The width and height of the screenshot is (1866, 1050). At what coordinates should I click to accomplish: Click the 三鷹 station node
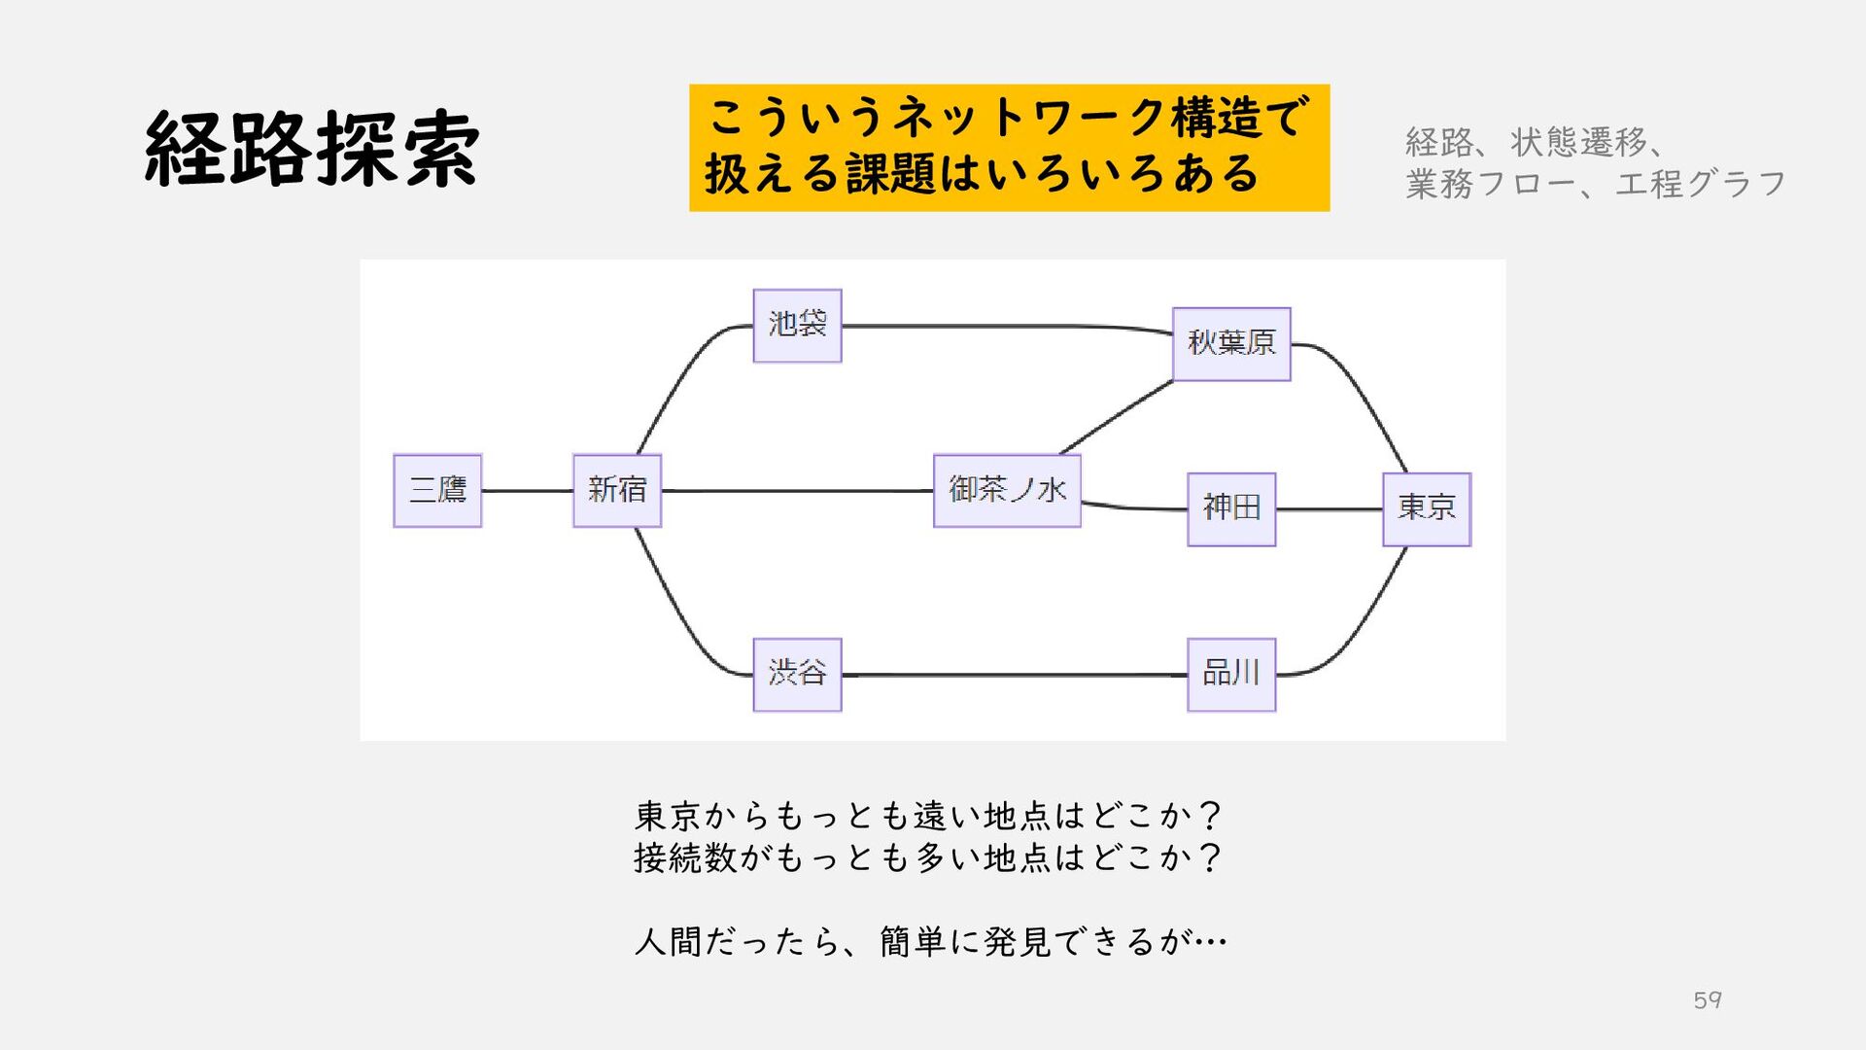437,491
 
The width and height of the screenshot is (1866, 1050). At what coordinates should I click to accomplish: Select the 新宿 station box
617,491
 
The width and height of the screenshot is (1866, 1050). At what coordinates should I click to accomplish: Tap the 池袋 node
797,326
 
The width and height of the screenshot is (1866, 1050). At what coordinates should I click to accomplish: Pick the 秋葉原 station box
1231,344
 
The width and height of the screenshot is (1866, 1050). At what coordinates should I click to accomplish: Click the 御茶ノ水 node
1007,491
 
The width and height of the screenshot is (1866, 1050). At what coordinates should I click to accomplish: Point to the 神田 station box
1231,509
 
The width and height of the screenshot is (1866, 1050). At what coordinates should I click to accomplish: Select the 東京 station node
1427,509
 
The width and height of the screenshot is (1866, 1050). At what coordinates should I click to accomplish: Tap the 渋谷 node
797,675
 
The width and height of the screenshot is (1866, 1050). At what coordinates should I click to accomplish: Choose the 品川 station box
1231,675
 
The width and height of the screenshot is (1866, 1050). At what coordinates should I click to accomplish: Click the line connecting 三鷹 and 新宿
528,491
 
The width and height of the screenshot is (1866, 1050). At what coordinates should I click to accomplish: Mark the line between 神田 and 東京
1330,509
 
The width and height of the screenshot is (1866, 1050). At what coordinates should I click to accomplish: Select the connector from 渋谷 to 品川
1015,675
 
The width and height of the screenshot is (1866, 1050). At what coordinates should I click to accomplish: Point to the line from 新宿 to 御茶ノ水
797,491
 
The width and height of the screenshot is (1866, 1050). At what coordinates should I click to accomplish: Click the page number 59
1708,999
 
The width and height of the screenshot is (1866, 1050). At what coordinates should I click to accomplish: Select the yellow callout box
1009,148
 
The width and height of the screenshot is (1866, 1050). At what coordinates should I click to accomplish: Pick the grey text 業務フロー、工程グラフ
1595,184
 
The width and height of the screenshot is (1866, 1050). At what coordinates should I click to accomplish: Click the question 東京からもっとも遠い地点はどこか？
928,815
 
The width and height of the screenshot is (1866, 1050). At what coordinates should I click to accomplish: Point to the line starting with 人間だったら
931,941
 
